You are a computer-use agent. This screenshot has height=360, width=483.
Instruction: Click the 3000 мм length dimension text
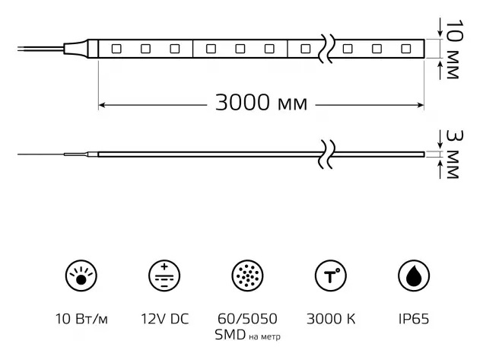[261, 104]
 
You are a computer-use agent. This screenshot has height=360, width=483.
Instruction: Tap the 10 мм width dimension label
[453, 47]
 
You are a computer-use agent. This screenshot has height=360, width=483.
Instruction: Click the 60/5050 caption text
[246, 317]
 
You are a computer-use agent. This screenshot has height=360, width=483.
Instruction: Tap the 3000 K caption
[329, 317]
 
